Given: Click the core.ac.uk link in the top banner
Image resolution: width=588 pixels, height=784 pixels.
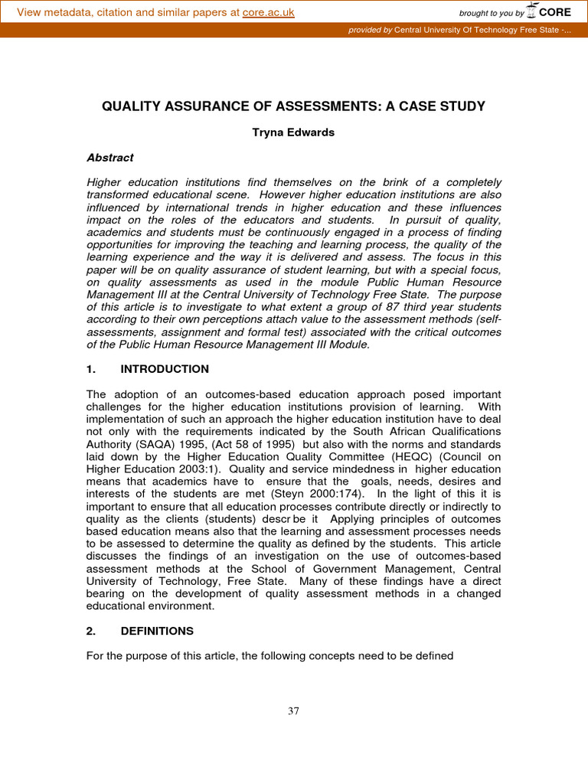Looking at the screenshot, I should (x=268, y=12).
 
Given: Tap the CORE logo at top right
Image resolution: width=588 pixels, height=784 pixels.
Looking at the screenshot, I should (x=554, y=11).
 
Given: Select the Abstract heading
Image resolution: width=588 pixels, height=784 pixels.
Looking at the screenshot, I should (x=110, y=158).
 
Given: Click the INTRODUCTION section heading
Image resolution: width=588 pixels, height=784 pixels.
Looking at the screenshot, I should (x=165, y=369).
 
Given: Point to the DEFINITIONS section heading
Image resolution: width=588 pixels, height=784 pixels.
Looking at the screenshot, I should (x=157, y=631).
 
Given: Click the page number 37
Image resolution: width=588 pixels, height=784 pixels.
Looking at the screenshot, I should (x=293, y=711).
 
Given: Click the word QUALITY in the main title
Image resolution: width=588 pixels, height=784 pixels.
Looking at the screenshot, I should (x=129, y=106).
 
